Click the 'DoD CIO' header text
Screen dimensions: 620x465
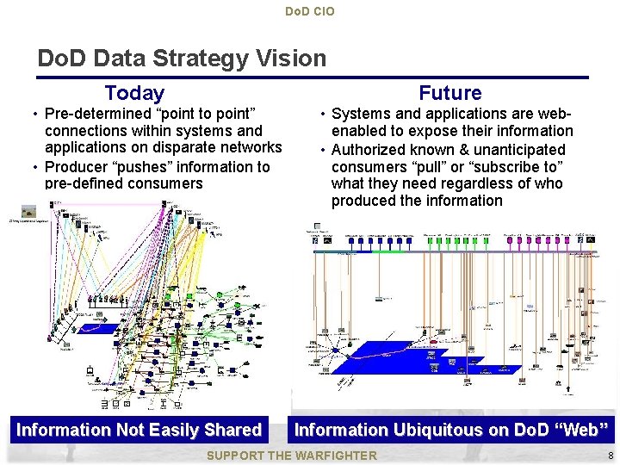point(309,11)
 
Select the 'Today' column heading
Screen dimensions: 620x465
point(134,93)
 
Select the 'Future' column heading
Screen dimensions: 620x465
point(450,93)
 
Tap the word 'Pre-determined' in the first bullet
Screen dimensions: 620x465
point(96,114)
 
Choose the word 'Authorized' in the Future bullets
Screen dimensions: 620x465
point(368,149)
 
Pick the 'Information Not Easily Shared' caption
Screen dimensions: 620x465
point(139,430)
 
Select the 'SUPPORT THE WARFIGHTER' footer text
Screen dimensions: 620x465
point(293,455)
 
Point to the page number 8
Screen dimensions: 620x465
point(610,455)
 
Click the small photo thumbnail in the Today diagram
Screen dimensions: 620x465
point(28,210)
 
